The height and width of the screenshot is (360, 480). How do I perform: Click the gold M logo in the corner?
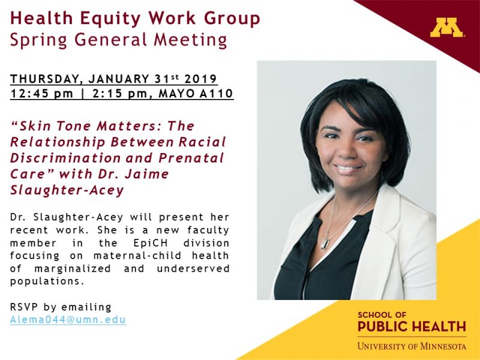(447, 28)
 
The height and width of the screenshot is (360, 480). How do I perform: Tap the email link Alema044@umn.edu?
(68, 320)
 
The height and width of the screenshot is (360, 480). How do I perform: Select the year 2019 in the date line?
(200, 79)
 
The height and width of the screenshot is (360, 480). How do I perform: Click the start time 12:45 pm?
(41, 94)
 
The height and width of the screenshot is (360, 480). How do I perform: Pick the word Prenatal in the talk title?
(191, 158)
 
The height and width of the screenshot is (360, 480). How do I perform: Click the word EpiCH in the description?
(151, 243)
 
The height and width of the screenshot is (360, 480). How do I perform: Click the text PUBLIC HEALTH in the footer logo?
(412, 326)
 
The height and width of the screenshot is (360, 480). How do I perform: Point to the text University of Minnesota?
(412, 346)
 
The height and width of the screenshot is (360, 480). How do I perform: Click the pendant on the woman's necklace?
(325, 243)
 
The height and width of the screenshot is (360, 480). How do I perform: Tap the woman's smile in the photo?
(348, 169)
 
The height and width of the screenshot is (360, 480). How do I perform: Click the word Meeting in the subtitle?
(190, 40)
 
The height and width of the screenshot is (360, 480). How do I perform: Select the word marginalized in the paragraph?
(73, 269)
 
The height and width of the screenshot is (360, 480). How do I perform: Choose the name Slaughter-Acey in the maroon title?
(67, 190)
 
